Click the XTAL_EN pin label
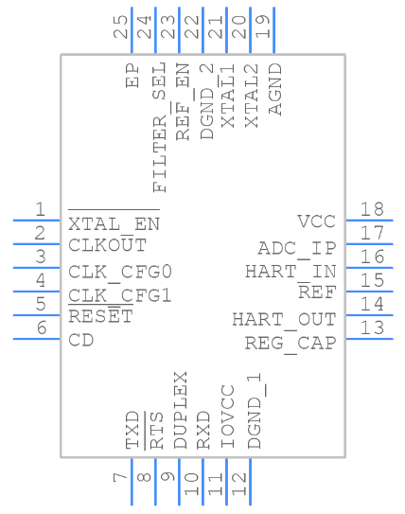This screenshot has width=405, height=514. tap(114, 224)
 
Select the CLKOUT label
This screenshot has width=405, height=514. tap(107, 245)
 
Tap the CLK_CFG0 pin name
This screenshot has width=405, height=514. tap(119, 272)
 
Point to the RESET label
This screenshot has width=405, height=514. tap(100, 316)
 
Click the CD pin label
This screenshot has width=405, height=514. tap(81, 340)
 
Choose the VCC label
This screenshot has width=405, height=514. tap(316, 222)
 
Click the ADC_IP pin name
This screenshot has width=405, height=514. tap(297, 248)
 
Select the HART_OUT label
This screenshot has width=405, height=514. tap(284, 319)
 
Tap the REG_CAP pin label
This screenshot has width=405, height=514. tap(290, 343)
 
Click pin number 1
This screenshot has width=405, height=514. tap(40, 209)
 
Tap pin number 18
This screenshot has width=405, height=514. tap(370, 209)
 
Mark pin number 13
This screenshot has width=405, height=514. tap(370, 328)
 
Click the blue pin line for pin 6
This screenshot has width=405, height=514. tap(37, 338)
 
